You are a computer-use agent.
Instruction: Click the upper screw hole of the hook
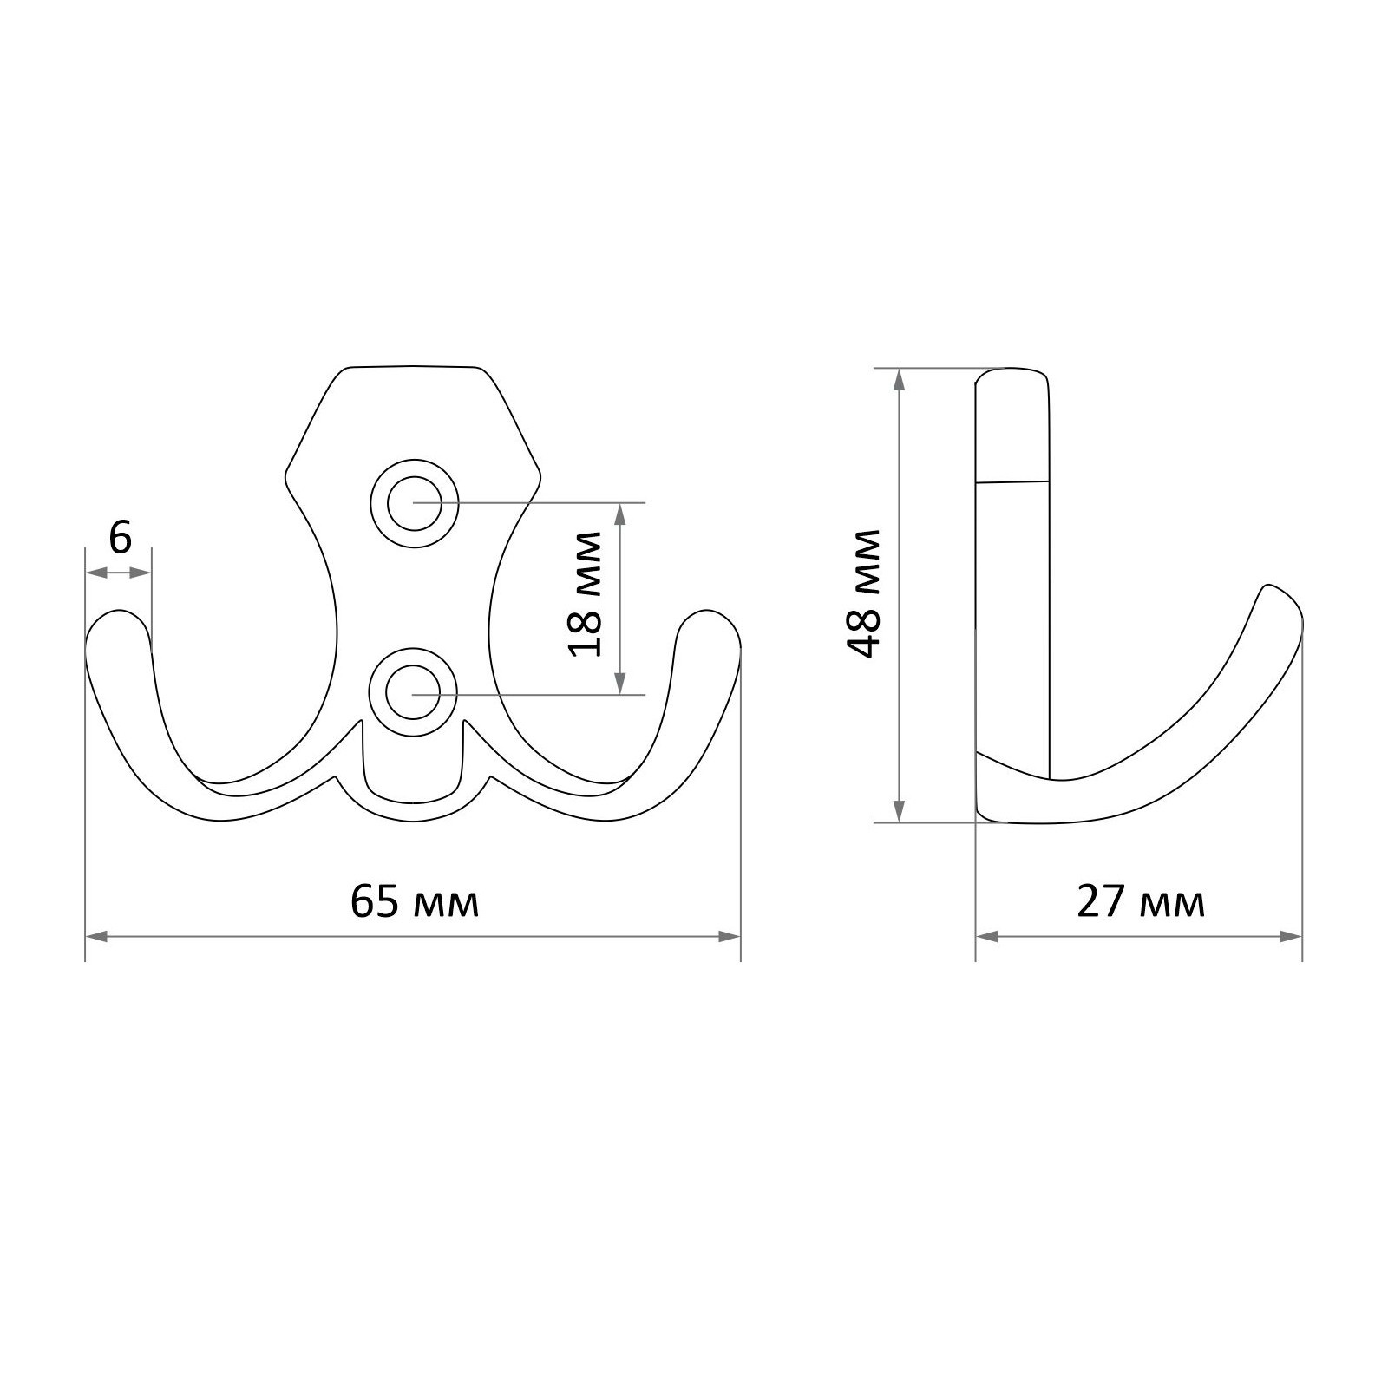pos(414,502)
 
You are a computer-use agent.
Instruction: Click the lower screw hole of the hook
pos(414,694)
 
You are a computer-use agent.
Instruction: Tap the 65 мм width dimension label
pos(415,904)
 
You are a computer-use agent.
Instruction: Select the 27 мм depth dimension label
pos(1141,904)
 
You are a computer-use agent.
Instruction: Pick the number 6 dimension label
pos(120,539)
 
